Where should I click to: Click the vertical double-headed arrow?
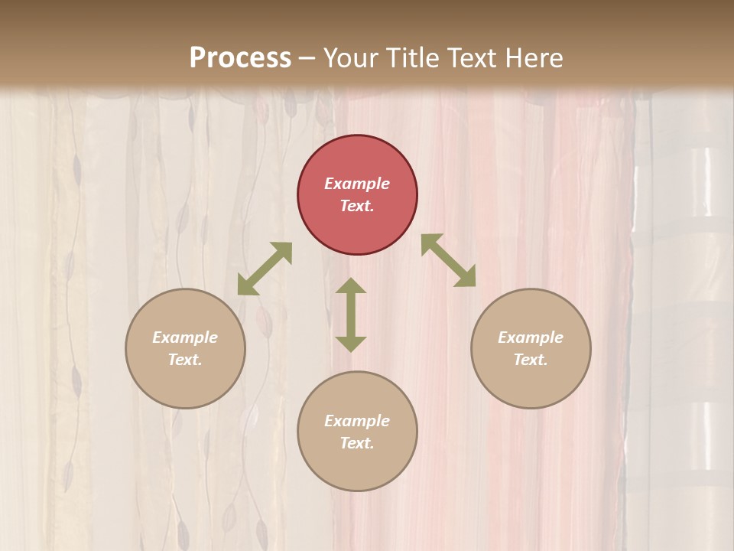(351, 315)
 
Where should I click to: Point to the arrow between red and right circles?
(448, 260)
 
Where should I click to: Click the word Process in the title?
(240, 57)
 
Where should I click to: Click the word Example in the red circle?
(357, 184)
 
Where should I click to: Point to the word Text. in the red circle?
(357, 206)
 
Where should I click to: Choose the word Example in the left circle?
(185, 337)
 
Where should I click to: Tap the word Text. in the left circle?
(185, 360)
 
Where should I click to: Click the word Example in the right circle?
(531, 337)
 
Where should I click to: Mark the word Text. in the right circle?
(531, 360)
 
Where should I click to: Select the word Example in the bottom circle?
(357, 421)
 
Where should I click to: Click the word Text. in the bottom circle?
(357, 443)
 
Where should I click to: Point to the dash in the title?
(307, 59)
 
